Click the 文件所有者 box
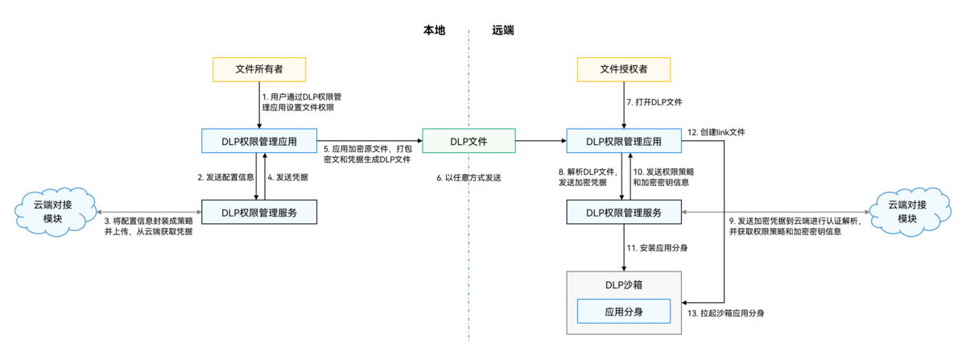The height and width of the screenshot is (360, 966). pyautogui.click(x=258, y=69)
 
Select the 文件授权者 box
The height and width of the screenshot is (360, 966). pyautogui.click(x=624, y=69)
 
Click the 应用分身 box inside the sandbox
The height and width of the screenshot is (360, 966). pyautogui.click(x=625, y=311)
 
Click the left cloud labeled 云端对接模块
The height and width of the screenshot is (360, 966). pyautogui.click(x=54, y=212)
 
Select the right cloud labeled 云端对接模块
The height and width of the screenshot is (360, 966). pyautogui.click(x=907, y=212)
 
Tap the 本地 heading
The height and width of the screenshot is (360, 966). pyautogui.click(x=435, y=30)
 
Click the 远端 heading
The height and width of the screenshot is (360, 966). pyautogui.click(x=503, y=30)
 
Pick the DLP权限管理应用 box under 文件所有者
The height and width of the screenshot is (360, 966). pyautogui.click(x=258, y=142)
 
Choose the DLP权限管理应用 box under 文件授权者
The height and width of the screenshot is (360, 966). pyautogui.click(x=624, y=142)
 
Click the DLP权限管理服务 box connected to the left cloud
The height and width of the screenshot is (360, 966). pyautogui.click(x=258, y=212)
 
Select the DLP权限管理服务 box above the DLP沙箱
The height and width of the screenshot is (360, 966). pyautogui.click(x=624, y=212)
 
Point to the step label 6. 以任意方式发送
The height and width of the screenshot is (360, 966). pyautogui.click(x=469, y=177)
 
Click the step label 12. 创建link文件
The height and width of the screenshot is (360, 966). pyautogui.click(x=716, y=131)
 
